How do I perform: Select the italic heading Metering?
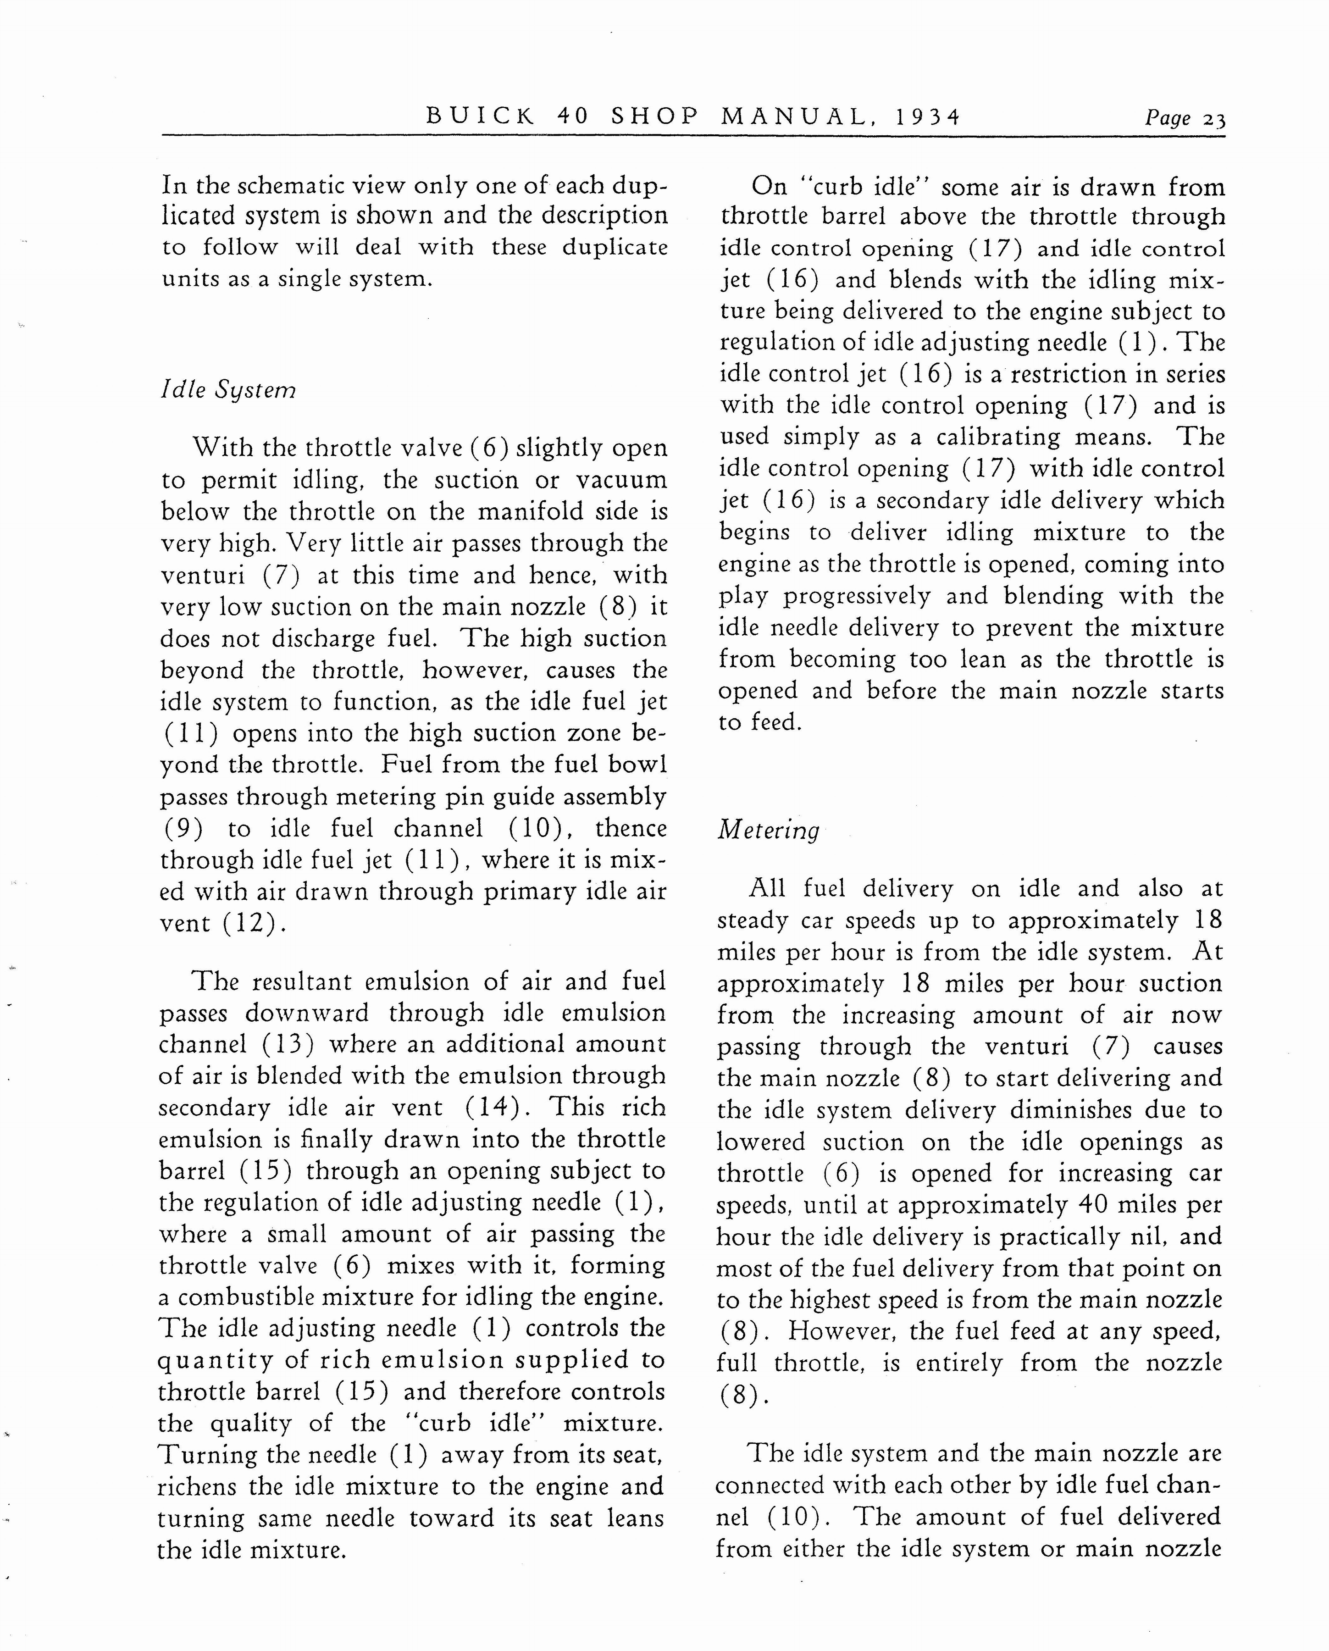click(x=768, y=830)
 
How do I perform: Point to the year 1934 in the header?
click(x=927, y=116)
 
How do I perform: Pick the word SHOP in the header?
click(x=655, y=116)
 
